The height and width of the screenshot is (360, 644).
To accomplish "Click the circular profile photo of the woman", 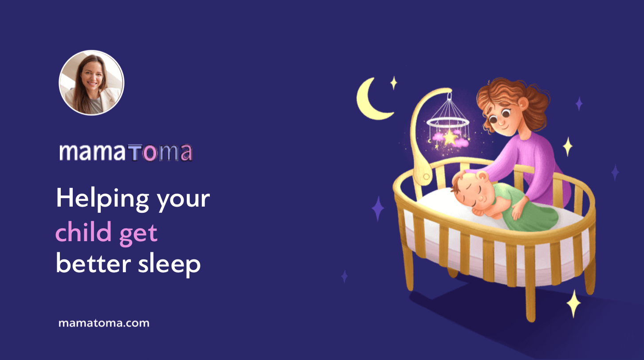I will coord(91,83).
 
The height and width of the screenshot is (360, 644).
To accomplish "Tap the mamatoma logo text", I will coord(126,152).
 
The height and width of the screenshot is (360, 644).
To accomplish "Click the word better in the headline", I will coord(90,264).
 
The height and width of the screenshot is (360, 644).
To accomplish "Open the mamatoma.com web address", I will coord(104,323).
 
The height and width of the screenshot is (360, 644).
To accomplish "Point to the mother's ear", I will coord(523,105).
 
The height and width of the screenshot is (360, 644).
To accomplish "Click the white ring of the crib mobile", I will coord(448,122).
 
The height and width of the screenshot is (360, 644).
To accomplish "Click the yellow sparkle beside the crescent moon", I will coord(393,82).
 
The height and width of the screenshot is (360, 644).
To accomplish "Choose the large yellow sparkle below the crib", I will coord(574,303).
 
